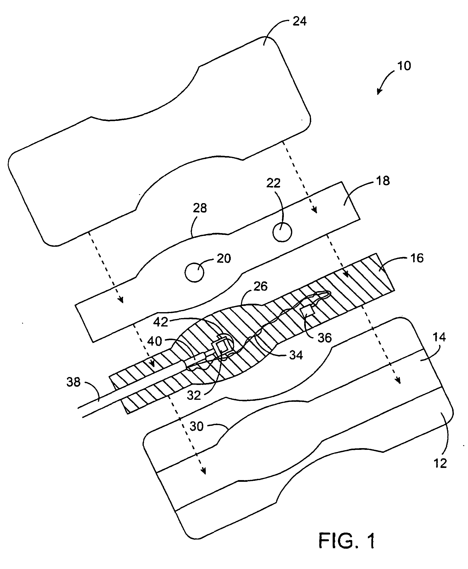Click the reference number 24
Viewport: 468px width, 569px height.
(299, 21)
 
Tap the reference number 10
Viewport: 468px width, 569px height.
(404, 66)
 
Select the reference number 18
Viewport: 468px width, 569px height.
(383, 181)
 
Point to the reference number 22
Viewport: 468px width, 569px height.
(273, 183)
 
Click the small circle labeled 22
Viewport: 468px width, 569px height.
(282, 233)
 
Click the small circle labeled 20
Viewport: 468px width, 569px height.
(194, 272)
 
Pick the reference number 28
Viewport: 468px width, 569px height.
(200, 208)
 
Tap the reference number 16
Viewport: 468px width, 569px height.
(417, 258)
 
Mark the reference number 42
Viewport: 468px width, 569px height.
(161, 322)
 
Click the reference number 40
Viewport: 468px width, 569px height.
(154, 341)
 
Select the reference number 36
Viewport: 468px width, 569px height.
(324, 338)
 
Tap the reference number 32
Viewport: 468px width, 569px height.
(194, 396)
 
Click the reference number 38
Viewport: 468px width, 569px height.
(73, 382)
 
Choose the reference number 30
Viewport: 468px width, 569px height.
(196, 427)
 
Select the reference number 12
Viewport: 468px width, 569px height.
(440, 463)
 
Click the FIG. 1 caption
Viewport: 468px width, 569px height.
(347, 541)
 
